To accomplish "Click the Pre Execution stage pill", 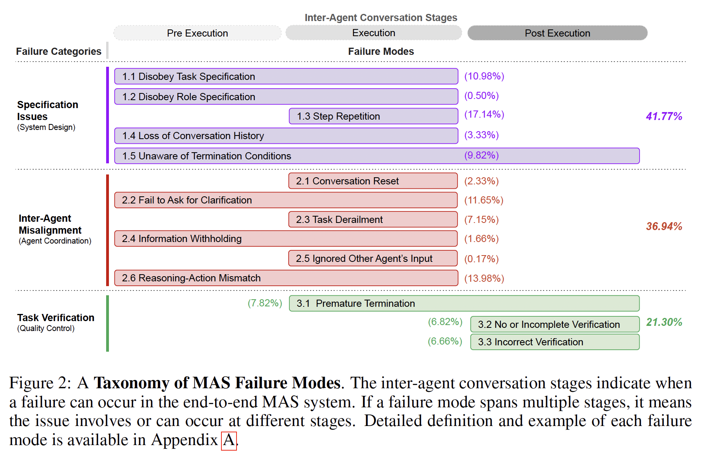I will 197,33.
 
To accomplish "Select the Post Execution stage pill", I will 557,33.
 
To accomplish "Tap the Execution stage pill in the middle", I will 374,33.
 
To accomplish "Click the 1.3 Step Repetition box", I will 373,116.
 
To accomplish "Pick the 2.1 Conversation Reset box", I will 373,181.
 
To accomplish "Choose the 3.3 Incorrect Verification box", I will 555,342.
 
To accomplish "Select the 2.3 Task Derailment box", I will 373,219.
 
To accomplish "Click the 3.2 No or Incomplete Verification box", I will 555,324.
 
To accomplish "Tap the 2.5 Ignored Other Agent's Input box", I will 373,258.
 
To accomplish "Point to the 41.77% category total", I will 664,116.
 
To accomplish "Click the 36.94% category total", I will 664,227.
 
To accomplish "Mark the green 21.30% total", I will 664,322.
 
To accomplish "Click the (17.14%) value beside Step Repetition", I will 484,114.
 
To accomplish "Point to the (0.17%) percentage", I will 481,259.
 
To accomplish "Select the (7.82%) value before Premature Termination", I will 265,303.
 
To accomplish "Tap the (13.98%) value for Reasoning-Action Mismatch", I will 484,278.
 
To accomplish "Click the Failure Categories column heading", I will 58,52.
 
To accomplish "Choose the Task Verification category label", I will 56,318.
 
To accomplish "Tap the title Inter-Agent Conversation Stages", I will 381,18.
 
